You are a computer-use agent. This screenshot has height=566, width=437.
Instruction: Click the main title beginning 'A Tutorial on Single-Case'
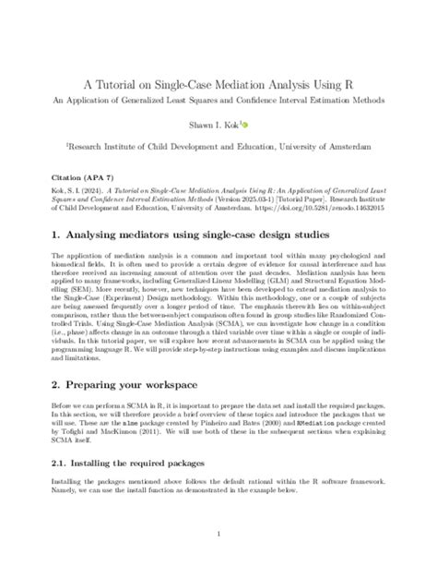tap(218, 80)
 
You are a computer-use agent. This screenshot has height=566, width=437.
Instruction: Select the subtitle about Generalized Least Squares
tap(218, 99)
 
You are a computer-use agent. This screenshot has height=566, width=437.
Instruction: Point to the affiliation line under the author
tap(218, 146)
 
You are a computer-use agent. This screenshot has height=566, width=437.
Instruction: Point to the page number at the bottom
tap(218, 533)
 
